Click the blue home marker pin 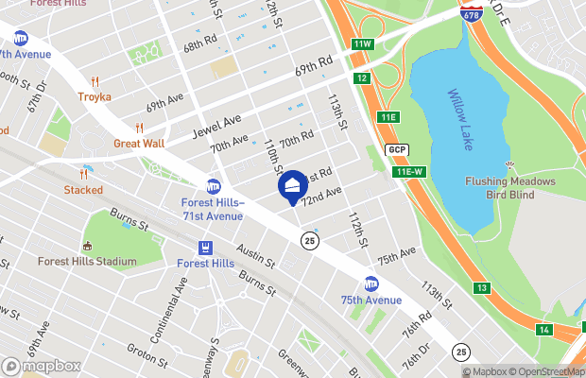(292, 185)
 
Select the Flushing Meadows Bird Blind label (510, 188)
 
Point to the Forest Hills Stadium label (81, 261)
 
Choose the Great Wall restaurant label (139, 144)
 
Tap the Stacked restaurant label (83, 190)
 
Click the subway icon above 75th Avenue (371, 283)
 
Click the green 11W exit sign (363, 44)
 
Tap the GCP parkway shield (397, 150)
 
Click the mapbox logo (42, 366)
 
